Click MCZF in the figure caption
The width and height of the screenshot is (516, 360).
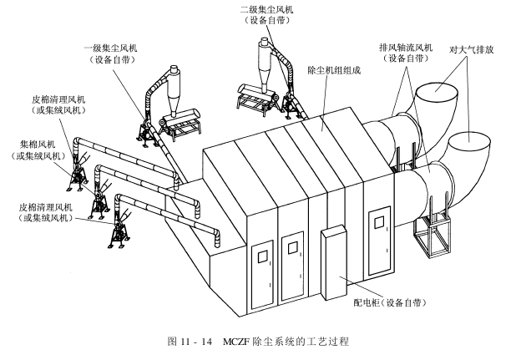(x=242, y=342)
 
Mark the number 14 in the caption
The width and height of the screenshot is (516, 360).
(x=205, y=342)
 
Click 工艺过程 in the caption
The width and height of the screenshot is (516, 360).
(x=326, y=342)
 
